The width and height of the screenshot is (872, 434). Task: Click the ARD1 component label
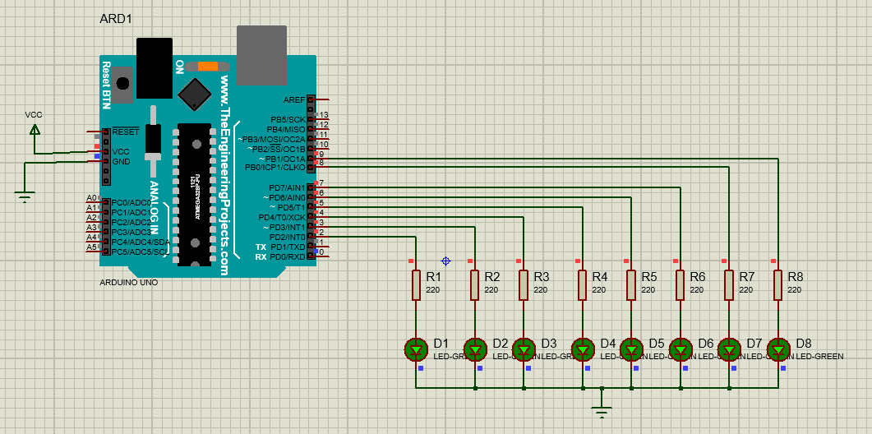pos(116,19)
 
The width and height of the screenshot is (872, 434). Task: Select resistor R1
pos(416,285)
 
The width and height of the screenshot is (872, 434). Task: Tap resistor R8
pos(777,285)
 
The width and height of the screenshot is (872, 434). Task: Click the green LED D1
pos(416,349)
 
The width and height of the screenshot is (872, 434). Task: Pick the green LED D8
pos(778,349)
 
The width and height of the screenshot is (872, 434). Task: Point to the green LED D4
pos(583,349)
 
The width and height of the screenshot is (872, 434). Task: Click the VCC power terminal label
pos(34,115)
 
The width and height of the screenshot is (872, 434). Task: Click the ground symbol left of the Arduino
pos(25,196)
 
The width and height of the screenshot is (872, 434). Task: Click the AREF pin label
pos(293,99)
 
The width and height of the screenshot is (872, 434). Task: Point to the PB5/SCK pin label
pos(287,119)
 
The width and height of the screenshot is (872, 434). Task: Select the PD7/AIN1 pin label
pos(287,188)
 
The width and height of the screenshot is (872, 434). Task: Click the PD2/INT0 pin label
pos(287,237)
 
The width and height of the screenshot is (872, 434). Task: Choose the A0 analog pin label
pos(92,198)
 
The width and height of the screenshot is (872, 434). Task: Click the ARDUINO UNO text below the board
pos(127,282)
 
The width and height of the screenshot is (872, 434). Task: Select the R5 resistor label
pos(649,277)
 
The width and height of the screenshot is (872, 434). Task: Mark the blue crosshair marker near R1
pos(445,261)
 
